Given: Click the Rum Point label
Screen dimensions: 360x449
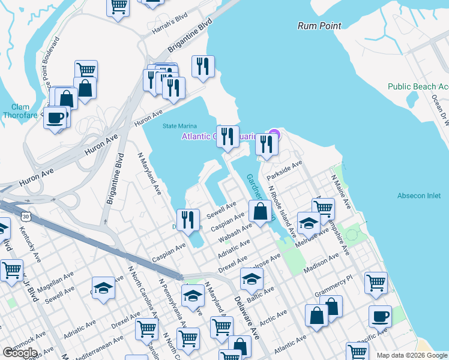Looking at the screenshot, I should tap(319, 26).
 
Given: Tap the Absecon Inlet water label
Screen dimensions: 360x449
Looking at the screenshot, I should tap(419, 196).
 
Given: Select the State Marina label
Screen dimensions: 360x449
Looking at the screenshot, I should tap(179, 126).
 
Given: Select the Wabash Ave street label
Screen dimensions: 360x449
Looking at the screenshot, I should tap(235, 232).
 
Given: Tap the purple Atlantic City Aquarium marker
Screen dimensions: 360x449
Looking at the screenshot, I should tap(274, 134).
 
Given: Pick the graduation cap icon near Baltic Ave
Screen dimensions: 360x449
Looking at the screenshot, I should tap(252, 278).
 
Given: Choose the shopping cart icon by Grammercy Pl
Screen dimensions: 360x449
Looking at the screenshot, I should tap(376, 282).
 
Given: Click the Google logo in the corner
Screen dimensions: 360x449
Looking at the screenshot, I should tap(20, 353).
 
